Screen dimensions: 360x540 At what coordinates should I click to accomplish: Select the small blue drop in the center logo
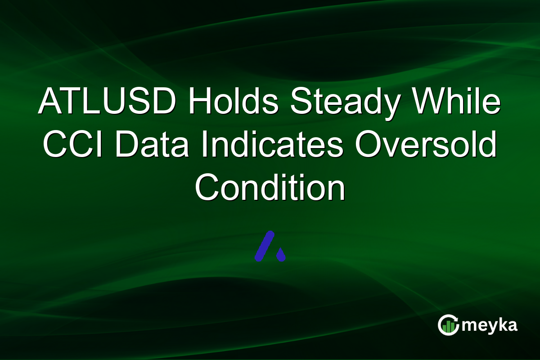(281, 255)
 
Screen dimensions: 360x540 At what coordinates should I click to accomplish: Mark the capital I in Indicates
(204, 145)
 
